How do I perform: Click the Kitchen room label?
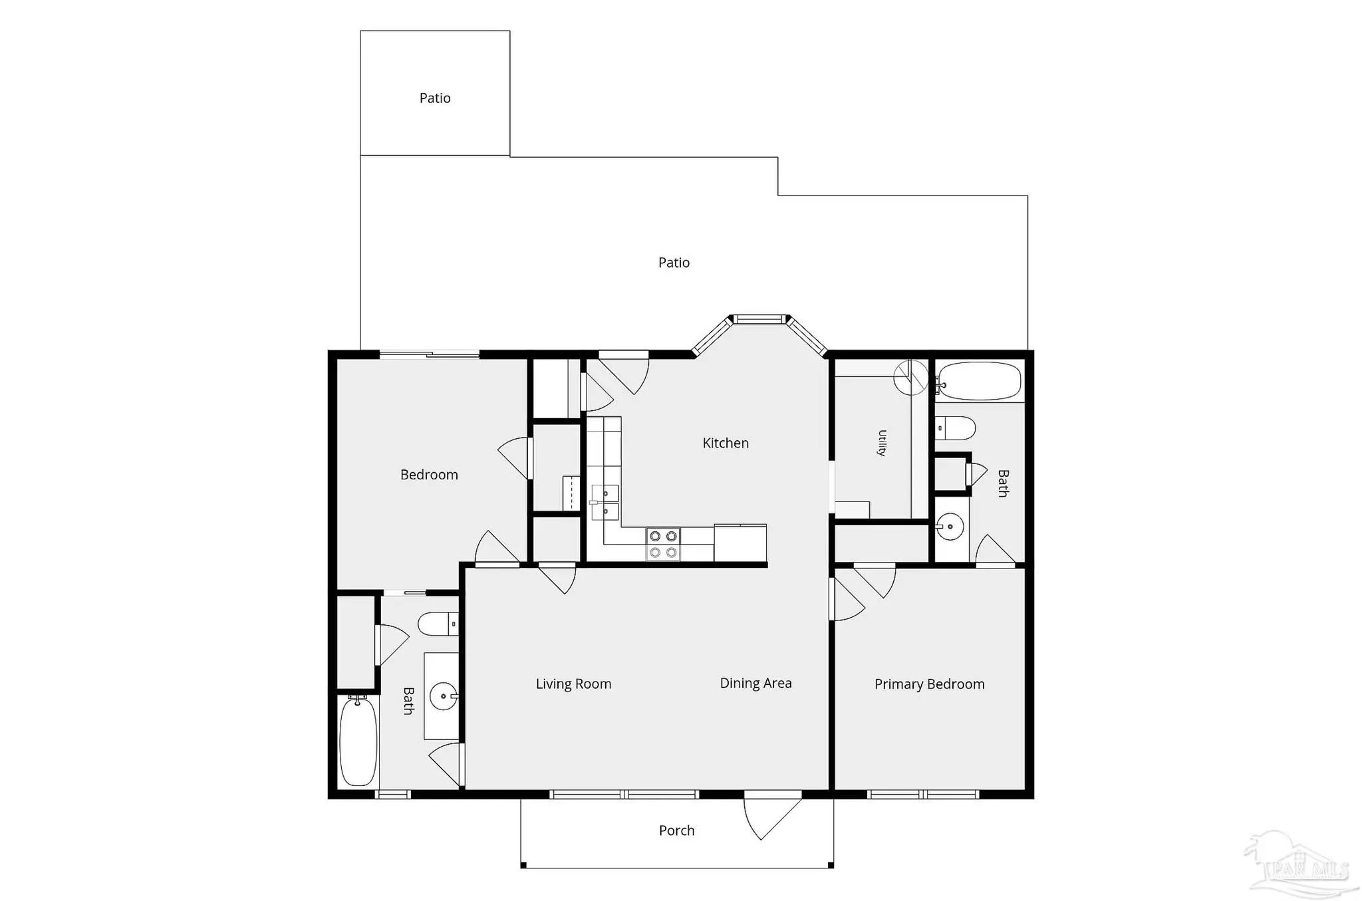(x=726, y=443)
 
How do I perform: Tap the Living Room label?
(x=573, y=684)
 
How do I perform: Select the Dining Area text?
(x=755, y=683)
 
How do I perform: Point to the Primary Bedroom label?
(x=929, y=684)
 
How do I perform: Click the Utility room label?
(x=882, y=443)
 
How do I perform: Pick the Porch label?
(x=676, y=831)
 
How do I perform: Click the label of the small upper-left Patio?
(x=435, y=98)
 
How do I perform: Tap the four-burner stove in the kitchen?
(x=663, y=543)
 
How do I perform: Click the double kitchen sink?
(x=605, y=502)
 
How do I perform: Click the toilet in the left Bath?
(x=438, y=624)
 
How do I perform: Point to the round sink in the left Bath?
(x=443, y=696)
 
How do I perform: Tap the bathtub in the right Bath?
(x=978, y=381)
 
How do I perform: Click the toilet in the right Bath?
(x=955, y=428)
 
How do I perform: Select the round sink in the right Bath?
(x=950, y=527)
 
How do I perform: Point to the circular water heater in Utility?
(x=910, y=378)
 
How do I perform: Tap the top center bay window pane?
(x=759, y=319)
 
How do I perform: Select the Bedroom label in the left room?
(x=429, y=475)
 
